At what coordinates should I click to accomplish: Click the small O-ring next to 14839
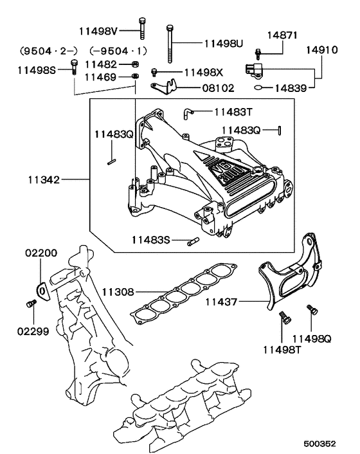pyautogui.click(x=257, y=86)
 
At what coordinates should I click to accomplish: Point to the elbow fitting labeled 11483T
pyautogui.click(x=186, y=113)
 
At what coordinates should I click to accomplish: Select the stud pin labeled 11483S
pyautogui.click(x=192, y=241)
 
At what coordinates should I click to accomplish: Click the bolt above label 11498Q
pyautogui.click(x=311, y=309)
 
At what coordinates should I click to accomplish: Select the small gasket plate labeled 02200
pyautogui.click(x=42, y=290)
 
